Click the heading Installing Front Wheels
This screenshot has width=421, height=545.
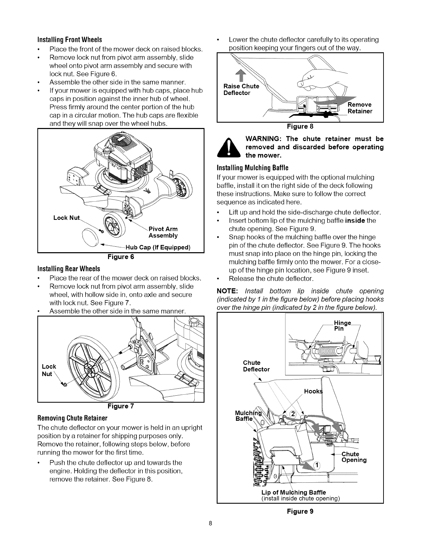pos(70,39)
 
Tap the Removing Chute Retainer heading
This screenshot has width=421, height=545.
pos(73,418)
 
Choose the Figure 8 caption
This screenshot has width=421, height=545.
pos(300,126)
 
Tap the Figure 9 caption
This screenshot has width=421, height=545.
pos(300,511)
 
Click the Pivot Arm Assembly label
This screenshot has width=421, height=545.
pos(163,232)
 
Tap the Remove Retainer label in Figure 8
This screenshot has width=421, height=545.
pos(360,108)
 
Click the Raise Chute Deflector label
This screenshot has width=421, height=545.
pos(241,89)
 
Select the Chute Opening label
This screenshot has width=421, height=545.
pos(354,457)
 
